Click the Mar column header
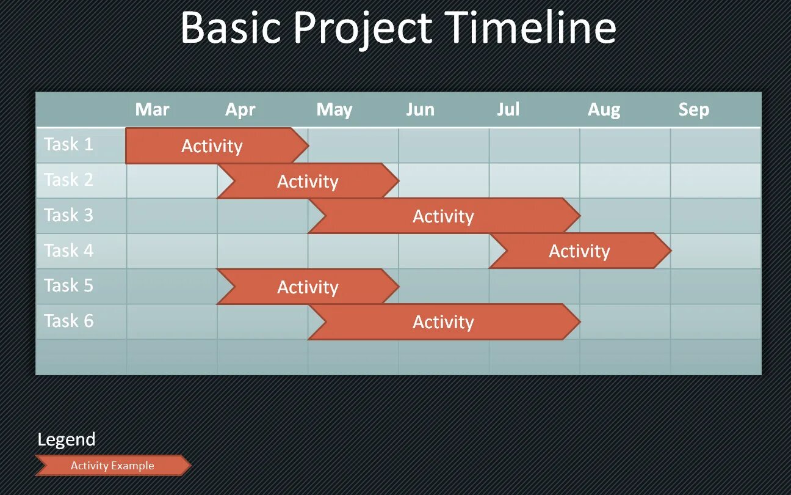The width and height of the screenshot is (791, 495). coord(152,109)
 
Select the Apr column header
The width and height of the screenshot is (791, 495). coord(240,110)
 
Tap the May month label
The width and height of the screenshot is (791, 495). coord(334,110)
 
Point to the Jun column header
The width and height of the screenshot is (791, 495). coord(420,109)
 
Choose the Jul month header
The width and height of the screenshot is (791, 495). coord(508,109)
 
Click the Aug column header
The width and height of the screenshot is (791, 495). coord(604,110)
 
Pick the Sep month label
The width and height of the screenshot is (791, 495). coord(693,110)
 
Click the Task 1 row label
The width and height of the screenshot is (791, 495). coord(68,144)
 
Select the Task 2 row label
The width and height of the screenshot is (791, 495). coord(68,180)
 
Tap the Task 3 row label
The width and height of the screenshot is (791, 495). coord(68,215)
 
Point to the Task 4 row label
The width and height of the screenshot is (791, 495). coord(68,251)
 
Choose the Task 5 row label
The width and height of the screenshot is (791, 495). coord(68,285)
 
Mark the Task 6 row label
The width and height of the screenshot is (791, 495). coord(68,321)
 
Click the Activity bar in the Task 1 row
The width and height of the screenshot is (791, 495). coord(217,145)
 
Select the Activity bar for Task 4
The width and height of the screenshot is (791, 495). coord(580,251)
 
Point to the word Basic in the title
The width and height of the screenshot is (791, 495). coord(231,28)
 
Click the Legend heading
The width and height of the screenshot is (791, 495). coord(67,440)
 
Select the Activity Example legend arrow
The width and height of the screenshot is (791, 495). coord(113,465)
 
